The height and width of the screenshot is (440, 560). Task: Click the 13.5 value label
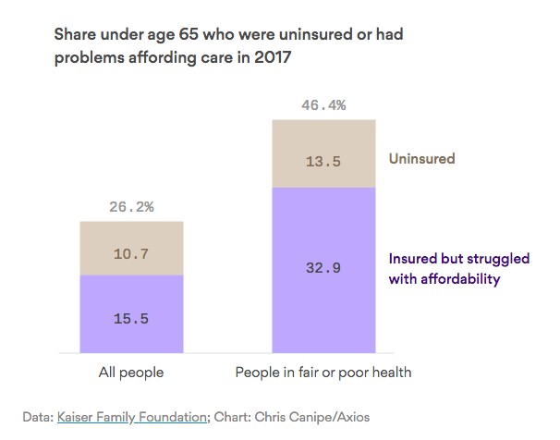[323, 161]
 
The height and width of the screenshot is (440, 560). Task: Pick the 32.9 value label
[323, 270]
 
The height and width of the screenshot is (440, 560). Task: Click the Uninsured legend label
[421, 159]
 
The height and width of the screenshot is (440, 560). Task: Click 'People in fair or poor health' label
[323, 373]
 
